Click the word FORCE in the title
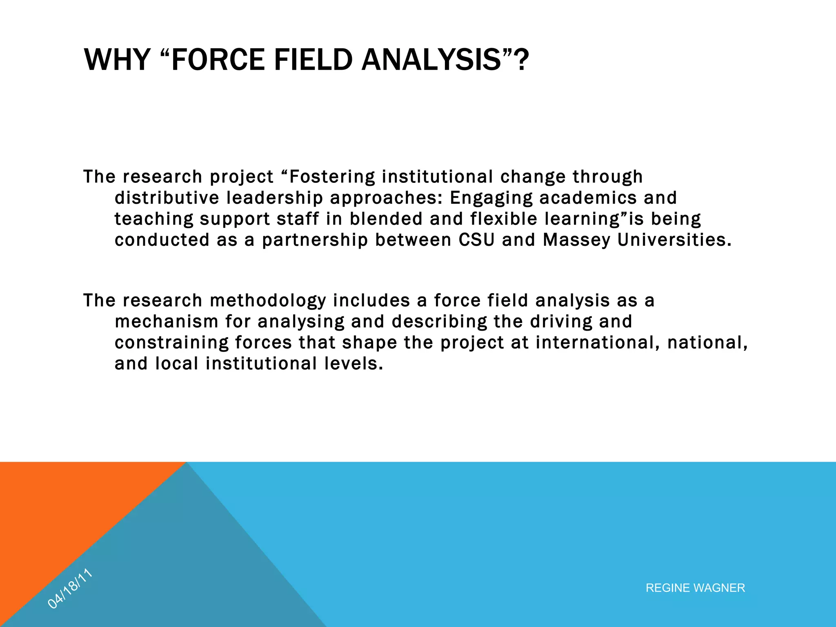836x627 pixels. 218,60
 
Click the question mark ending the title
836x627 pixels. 520,60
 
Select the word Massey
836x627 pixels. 576,240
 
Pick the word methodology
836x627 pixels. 268,301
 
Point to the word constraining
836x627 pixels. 171,343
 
